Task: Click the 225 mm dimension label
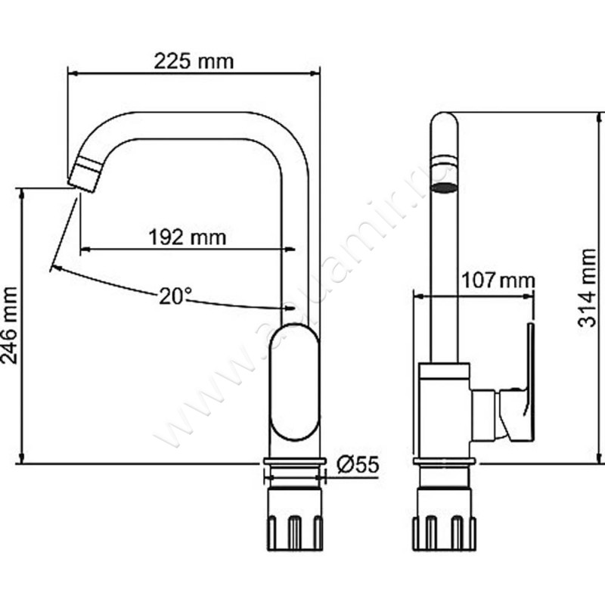[x=194, y=61]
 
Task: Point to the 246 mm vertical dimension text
[x=11, y=325]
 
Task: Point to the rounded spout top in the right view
[x=445, y=129]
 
